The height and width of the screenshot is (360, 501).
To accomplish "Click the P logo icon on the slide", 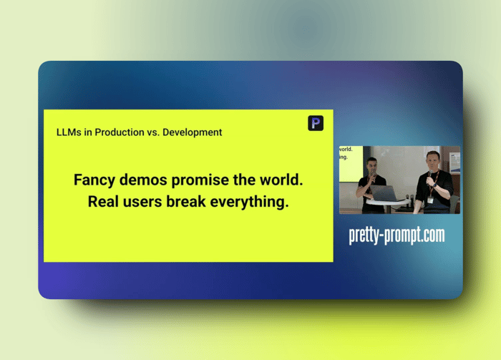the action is (316, 123).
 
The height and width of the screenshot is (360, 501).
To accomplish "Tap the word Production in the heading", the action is (120, 132).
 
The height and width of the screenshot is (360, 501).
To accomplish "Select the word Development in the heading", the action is (193, 132).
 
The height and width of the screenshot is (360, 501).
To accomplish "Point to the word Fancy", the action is (94, 180).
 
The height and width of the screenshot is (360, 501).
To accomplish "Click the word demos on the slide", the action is (143, 180).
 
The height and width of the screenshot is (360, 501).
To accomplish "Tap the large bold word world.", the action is (281, 180).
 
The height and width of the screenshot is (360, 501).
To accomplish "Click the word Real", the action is (103, 202).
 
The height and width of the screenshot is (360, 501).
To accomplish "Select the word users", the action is (142, 203).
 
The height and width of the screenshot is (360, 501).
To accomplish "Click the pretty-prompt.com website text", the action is (397, 235).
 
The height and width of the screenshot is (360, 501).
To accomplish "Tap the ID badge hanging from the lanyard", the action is (430, 200).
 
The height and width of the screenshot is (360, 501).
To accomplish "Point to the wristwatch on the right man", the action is (435, 185).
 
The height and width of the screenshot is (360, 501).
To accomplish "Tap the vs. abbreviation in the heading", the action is (153, 132).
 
